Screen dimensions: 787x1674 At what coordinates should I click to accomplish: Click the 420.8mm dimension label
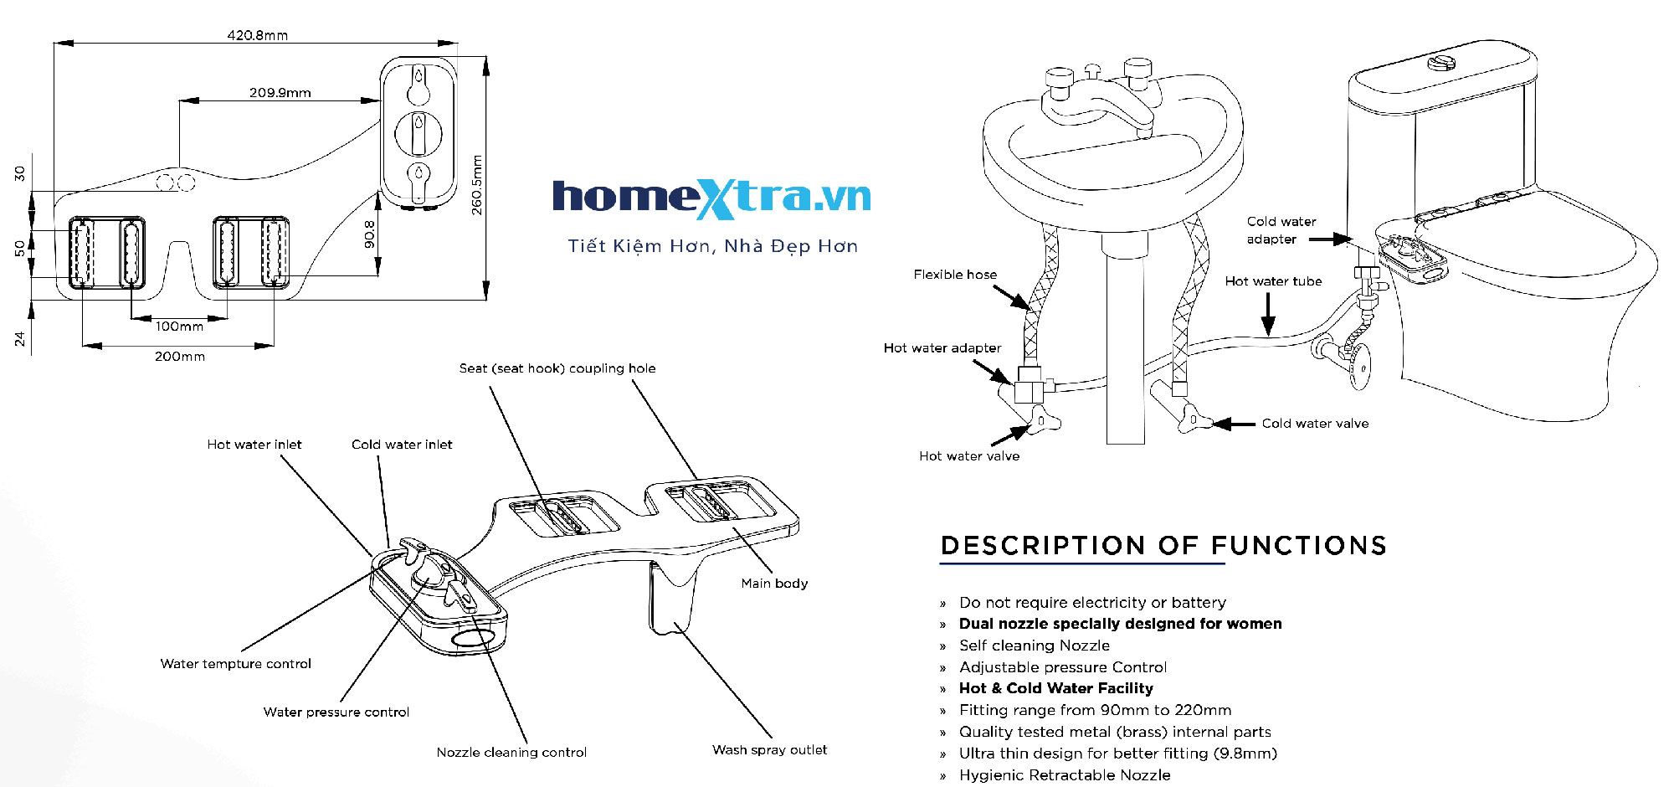257,35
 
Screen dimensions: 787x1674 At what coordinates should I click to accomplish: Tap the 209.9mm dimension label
280,93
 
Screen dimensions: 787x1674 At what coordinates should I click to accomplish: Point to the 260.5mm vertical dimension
477,185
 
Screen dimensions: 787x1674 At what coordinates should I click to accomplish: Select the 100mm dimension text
179,327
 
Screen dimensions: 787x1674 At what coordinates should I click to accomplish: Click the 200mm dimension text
179,357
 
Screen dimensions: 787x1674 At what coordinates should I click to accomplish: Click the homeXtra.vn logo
711,198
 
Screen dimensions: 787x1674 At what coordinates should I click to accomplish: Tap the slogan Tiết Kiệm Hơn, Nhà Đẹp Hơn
712,246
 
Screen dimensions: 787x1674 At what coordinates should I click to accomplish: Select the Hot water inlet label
254,445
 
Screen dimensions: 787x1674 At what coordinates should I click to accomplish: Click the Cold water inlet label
402,445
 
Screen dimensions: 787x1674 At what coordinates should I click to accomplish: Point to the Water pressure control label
336,712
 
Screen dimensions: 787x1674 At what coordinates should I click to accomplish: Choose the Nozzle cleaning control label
511,753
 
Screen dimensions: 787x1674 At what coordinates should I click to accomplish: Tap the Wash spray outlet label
769,750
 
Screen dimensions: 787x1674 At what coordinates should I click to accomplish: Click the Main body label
774,584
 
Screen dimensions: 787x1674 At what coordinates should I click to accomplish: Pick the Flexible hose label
955,275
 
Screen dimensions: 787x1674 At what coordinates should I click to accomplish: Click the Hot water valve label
968,456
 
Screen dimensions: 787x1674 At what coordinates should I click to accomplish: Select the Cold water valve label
1315,424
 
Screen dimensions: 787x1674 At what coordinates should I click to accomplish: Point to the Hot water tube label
1273,281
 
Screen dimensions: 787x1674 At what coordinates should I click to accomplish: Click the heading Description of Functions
1163,546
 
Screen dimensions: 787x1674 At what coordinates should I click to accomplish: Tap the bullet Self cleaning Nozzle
1034,646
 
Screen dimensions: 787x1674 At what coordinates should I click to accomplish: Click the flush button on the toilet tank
1441,62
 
